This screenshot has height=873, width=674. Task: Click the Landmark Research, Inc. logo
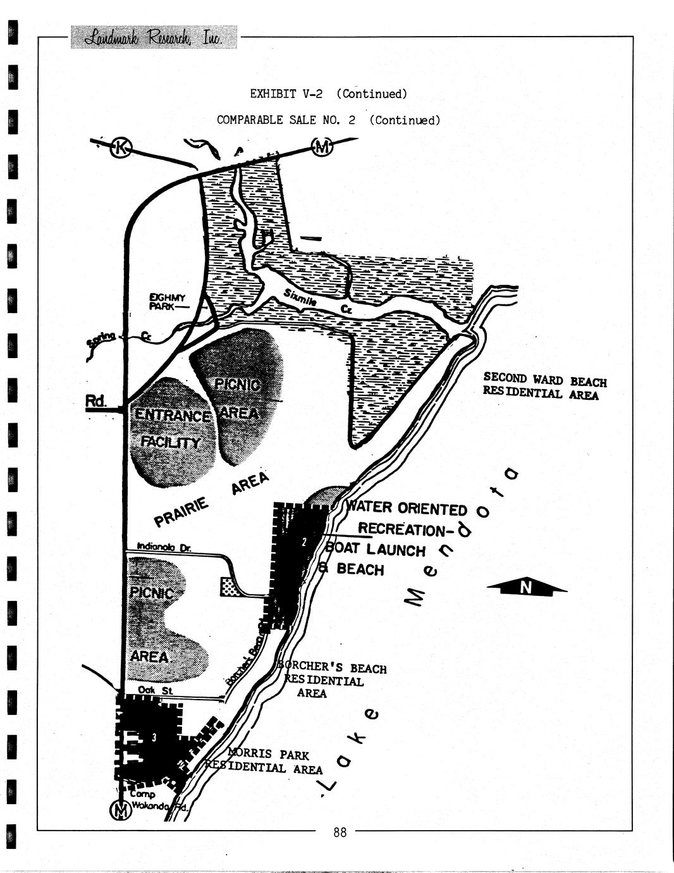(154, 37)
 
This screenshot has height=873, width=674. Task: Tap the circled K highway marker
(121, 148)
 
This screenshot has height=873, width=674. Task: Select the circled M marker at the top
(322, 148)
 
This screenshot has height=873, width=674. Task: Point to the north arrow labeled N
(526, 588)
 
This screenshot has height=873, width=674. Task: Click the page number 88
(340, 833)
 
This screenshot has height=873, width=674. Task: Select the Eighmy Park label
(167, 302)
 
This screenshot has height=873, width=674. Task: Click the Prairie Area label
(210, 500)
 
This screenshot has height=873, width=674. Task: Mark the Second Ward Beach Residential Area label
(544, 386)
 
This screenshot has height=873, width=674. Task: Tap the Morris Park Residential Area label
(266, 762)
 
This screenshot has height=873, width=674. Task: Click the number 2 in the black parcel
(304, 542)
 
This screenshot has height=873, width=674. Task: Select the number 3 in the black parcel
(154, 738)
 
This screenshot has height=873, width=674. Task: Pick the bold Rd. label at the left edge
(96, 401)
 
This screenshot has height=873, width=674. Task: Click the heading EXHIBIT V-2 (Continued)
(328, 94)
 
